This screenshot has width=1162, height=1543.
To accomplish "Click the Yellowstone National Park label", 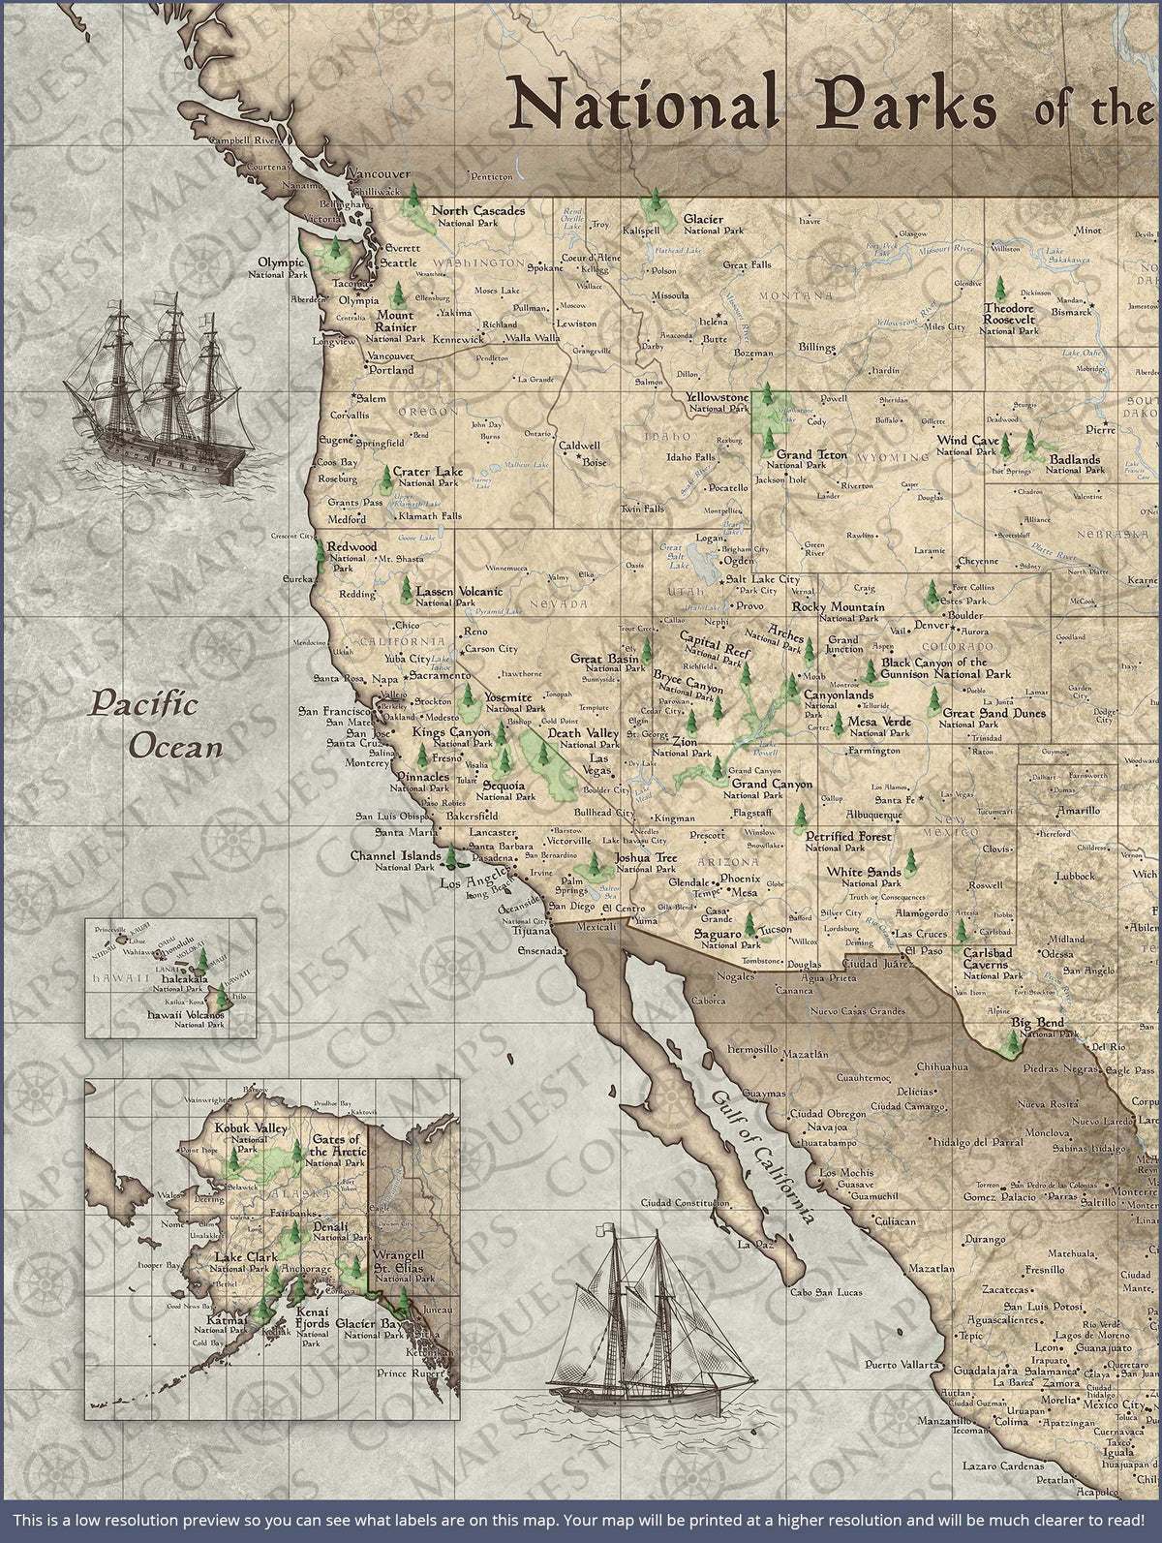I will pyautogui.click(x=717, y=403).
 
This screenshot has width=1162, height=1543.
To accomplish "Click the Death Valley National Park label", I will pyautogui.click(x=584, y=738).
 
